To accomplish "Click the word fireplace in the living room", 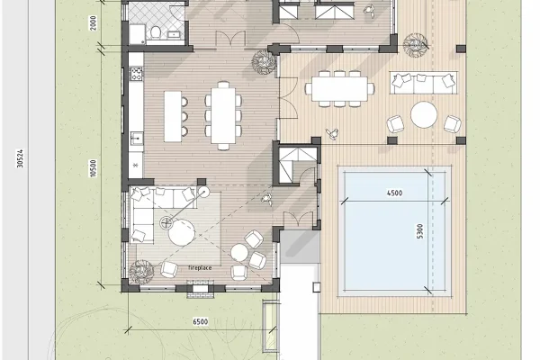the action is click(200, 267).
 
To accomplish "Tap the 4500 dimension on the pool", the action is click(394, 193).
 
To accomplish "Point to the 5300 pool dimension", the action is click(419, 231).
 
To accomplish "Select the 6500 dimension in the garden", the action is click(200, 322).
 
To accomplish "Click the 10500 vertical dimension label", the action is click(93, 168).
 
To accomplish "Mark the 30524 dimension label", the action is click(20, 158).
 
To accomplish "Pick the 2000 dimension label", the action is click(93, 22).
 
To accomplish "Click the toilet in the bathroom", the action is click(156, 31).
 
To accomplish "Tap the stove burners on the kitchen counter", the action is click(136, 74).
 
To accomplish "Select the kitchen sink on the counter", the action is click(137, 139).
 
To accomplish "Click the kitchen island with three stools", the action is click(173, 116).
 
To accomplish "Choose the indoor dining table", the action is click(223, 115).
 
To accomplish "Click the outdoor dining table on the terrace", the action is click(339, 89).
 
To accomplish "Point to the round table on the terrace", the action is click(424, 114).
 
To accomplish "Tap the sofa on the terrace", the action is click(424, 83).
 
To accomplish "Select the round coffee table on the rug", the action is click(182, 232).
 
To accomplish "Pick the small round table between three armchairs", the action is click(239, 253).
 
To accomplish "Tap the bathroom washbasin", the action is click(173, 34).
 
